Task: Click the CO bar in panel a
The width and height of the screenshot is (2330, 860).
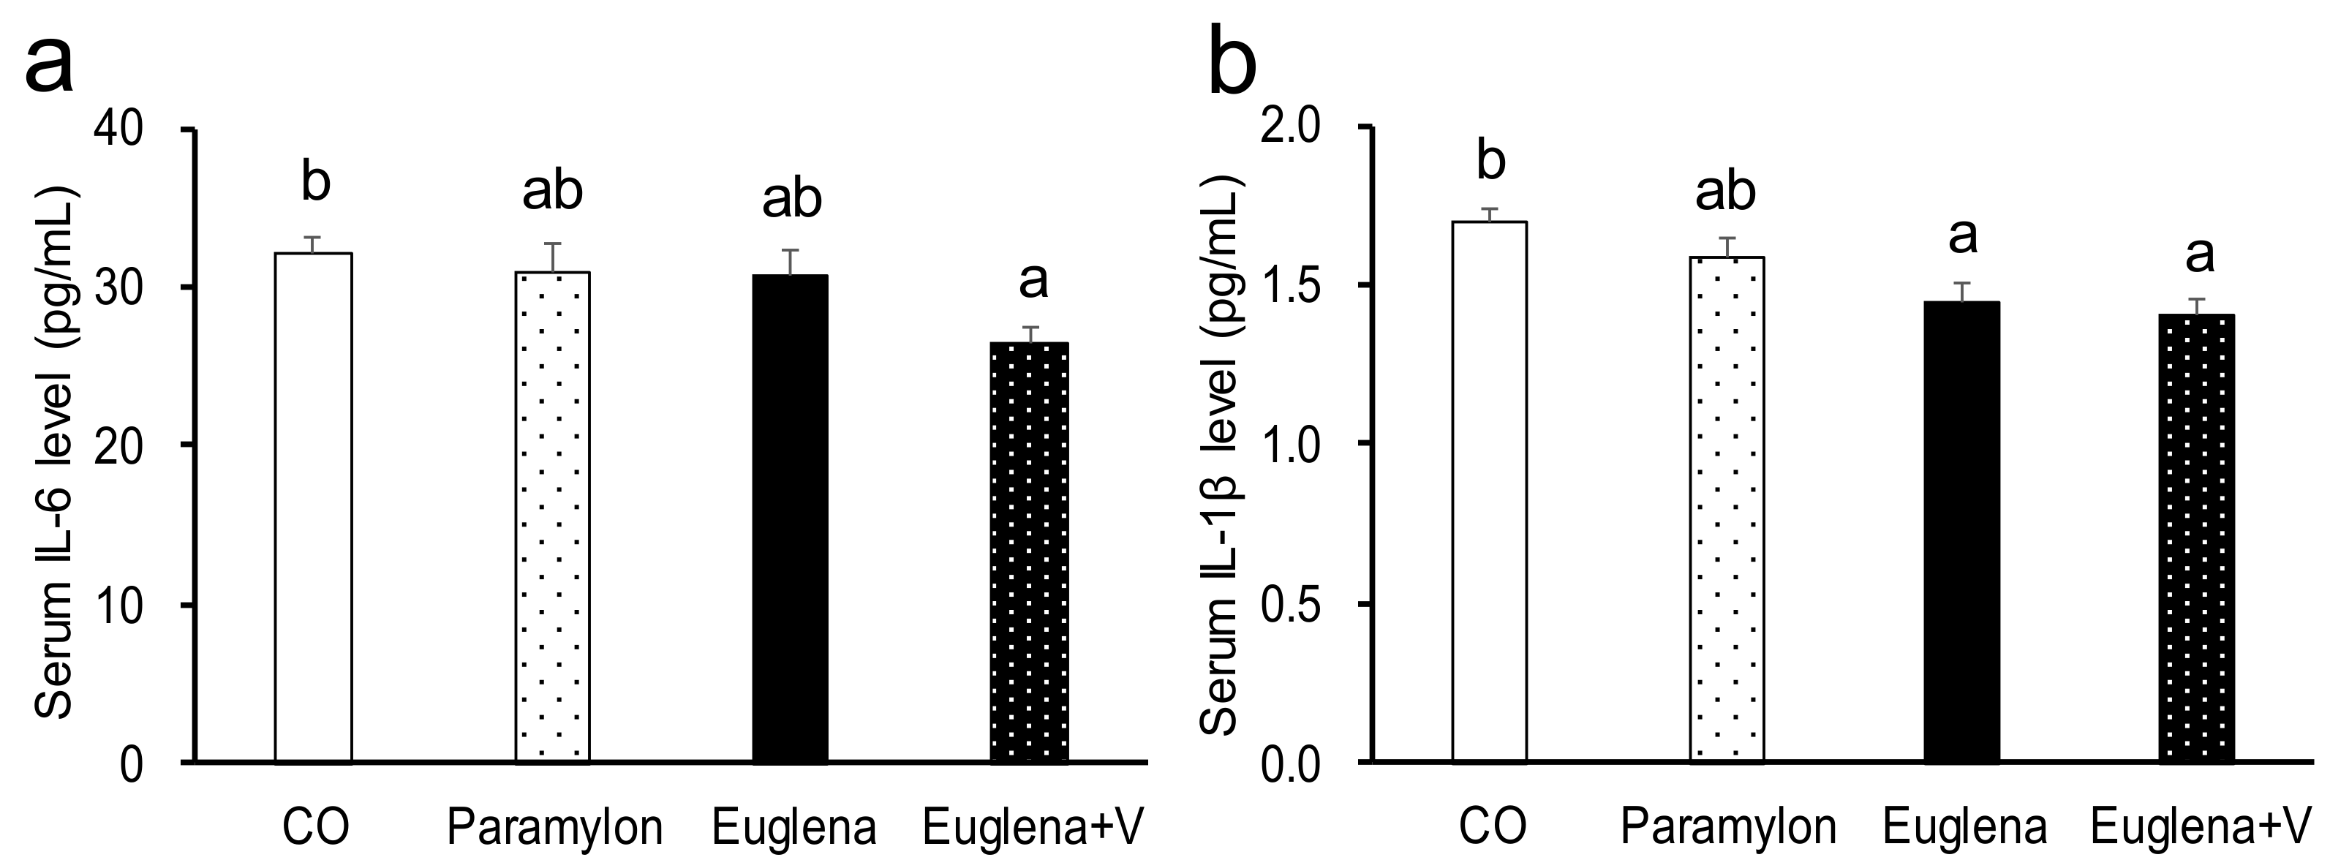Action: (313, 506)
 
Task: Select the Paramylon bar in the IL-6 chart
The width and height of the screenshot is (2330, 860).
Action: (553, 516)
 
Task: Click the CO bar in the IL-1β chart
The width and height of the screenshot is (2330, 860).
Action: (1490, 489)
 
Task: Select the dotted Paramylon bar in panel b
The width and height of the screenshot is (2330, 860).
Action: (1727, 506)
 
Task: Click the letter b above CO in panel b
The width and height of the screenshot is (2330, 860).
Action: (1490, 161)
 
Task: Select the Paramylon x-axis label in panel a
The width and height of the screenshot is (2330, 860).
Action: (555, 826)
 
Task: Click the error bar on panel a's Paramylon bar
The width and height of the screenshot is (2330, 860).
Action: (553, 257)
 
